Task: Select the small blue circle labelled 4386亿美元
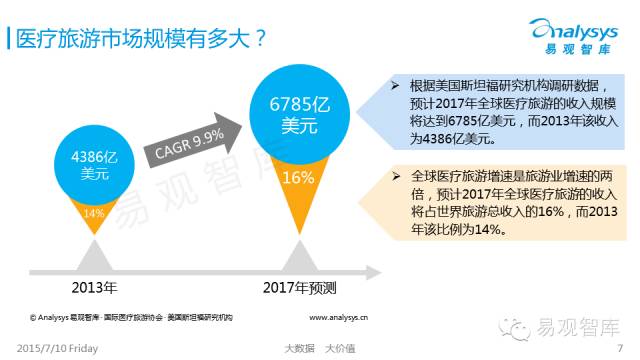tap(92, 164)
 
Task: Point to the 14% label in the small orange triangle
tap(93, 213)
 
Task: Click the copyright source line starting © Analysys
tap(130, 317)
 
